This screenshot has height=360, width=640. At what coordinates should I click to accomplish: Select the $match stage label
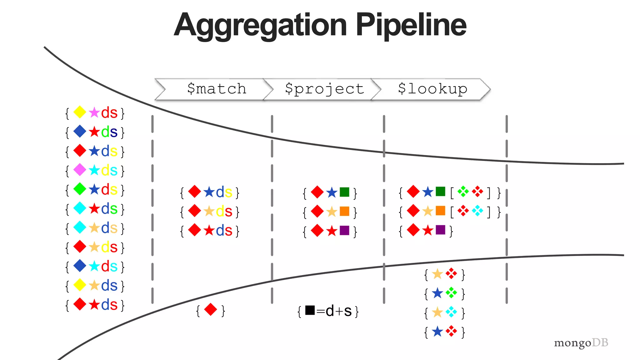click(217, 89)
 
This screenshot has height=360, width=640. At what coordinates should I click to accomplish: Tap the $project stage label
click(324, 89)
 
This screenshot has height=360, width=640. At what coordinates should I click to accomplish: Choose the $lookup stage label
click(432, 89)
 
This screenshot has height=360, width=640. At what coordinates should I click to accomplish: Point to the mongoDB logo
click(581, 343)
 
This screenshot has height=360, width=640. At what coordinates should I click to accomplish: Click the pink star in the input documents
click(94, 112)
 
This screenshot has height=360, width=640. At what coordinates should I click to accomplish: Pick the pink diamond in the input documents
click(80, 170)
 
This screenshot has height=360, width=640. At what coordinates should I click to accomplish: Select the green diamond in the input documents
click(80, 189)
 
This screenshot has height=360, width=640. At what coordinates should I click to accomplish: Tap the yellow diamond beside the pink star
click(80, 112)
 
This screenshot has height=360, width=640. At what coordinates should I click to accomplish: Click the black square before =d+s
click(310, 310)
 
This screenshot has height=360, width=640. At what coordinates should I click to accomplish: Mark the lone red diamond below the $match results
click(210, 310)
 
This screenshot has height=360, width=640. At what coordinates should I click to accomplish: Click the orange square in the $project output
click(344, 211)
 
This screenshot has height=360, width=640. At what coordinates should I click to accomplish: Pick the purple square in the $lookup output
click(440, 230)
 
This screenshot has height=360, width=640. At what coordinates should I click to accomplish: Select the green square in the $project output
click(344, 192)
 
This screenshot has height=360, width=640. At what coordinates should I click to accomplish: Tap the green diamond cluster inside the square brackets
click(463, 192)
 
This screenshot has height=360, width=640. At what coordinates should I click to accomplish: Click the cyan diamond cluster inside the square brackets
click(477, 211)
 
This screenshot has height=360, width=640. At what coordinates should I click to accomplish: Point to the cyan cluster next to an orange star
click(451, 312)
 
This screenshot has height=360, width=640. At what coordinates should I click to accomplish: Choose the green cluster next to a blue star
click(451, 293)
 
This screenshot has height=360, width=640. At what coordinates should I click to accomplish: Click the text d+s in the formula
click(339, 311)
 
